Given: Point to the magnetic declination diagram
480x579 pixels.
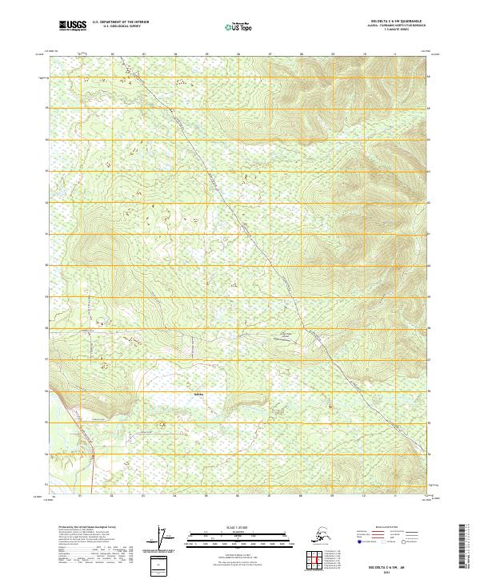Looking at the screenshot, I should pos(164,540).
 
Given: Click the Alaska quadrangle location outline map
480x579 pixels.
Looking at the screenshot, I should pos(323,535).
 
